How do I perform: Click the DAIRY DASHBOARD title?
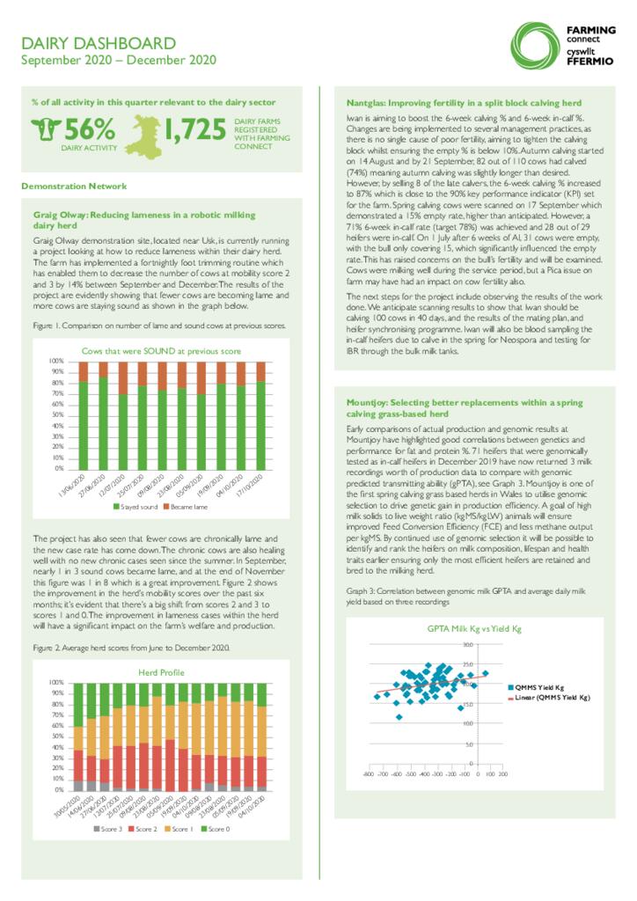tap(99, 43)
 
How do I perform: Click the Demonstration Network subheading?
tap(74, 186)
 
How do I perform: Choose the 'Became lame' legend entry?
tap(186, 508)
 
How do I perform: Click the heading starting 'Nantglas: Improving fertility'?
tap(457, 103)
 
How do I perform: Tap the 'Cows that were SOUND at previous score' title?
tap(161, 351)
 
